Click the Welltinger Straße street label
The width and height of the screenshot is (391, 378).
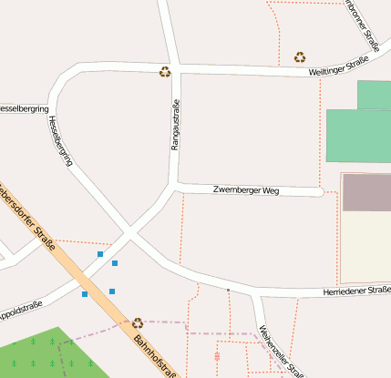(x=338, y=65)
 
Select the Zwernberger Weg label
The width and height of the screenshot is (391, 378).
(x=245, y=190)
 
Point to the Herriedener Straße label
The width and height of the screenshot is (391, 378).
(x=356, y=291)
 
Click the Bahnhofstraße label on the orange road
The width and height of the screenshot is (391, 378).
(x=154, y=356)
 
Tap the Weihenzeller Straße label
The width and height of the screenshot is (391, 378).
(x=281, y=351)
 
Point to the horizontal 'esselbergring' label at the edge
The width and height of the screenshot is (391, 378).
(x=24, y=108)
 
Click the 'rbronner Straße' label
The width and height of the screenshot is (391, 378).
(x=363, y=24)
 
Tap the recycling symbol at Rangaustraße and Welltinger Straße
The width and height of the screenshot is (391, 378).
(x=165, y=71)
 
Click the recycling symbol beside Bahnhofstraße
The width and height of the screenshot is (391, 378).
(x=138, y=322)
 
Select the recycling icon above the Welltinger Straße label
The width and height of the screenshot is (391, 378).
(x=300, y=57)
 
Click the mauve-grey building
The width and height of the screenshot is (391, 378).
(x=366, y=192)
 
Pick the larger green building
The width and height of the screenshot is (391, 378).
(x=358, y=136)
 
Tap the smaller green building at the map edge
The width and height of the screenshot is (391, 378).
(x=375, y=95)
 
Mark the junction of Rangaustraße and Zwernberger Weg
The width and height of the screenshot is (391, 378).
(x=175, y=185)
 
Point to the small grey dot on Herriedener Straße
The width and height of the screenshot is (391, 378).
(x=228, y=289)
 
